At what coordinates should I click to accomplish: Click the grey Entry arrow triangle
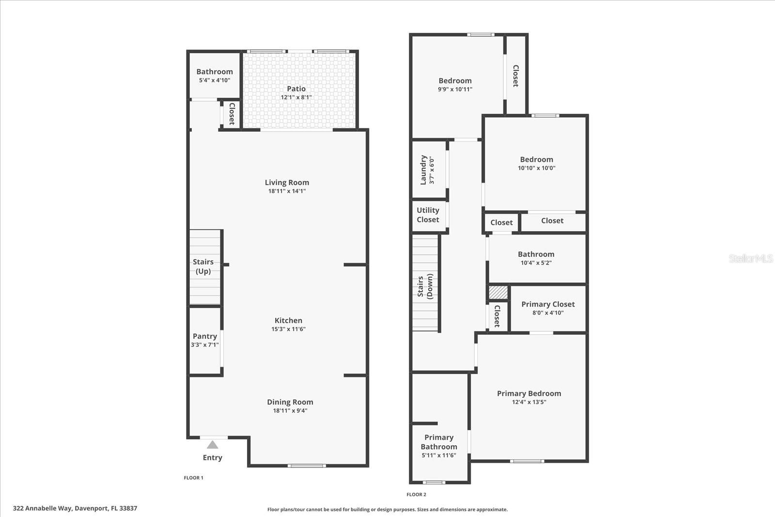coord(212,445)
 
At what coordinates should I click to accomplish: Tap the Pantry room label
coord(205,336)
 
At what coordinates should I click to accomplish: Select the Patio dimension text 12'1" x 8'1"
coord(296,97)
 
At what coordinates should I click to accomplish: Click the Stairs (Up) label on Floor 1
coord(203,266)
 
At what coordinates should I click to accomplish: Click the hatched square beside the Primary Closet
coord(498,293)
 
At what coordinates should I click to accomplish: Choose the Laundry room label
coord(423,170)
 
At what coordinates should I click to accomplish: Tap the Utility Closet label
coord(428,215)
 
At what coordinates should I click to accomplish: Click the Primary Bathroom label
coord(439,442)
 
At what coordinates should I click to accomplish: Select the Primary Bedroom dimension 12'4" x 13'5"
coord(529,402)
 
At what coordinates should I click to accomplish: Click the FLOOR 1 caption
coord(193,478)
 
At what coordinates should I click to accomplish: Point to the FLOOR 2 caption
coord(416,495)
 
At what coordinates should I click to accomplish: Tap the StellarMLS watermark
coord(751,258)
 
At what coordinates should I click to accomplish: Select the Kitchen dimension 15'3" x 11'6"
coord(288,329)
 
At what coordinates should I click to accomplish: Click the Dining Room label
coord(290,402)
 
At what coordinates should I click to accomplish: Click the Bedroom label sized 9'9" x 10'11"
coord(455,81)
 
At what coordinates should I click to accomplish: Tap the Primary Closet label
coord(548,304)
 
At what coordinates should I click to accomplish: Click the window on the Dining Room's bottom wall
coord(307,466)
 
